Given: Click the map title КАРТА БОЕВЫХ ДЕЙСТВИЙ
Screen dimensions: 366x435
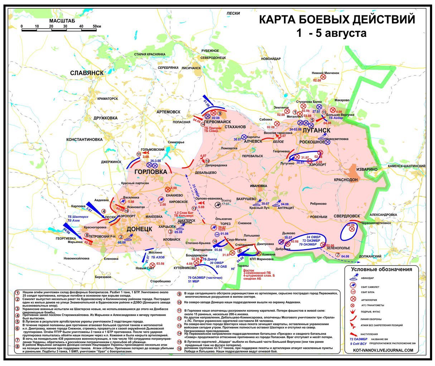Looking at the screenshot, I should [337, 19].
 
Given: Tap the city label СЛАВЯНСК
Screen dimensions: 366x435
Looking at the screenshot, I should [87, 73].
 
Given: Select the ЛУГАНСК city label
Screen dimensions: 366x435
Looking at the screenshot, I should [316, 130].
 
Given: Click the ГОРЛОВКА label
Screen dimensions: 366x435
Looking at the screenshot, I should [151, 172].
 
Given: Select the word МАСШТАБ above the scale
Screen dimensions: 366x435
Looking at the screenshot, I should [62, 21].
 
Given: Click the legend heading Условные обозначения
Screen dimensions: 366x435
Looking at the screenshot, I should [381, 269].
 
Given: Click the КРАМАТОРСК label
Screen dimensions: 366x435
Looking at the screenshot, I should [105, 98].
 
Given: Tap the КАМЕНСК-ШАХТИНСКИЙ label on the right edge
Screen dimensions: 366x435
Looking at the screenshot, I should [406, 166].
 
